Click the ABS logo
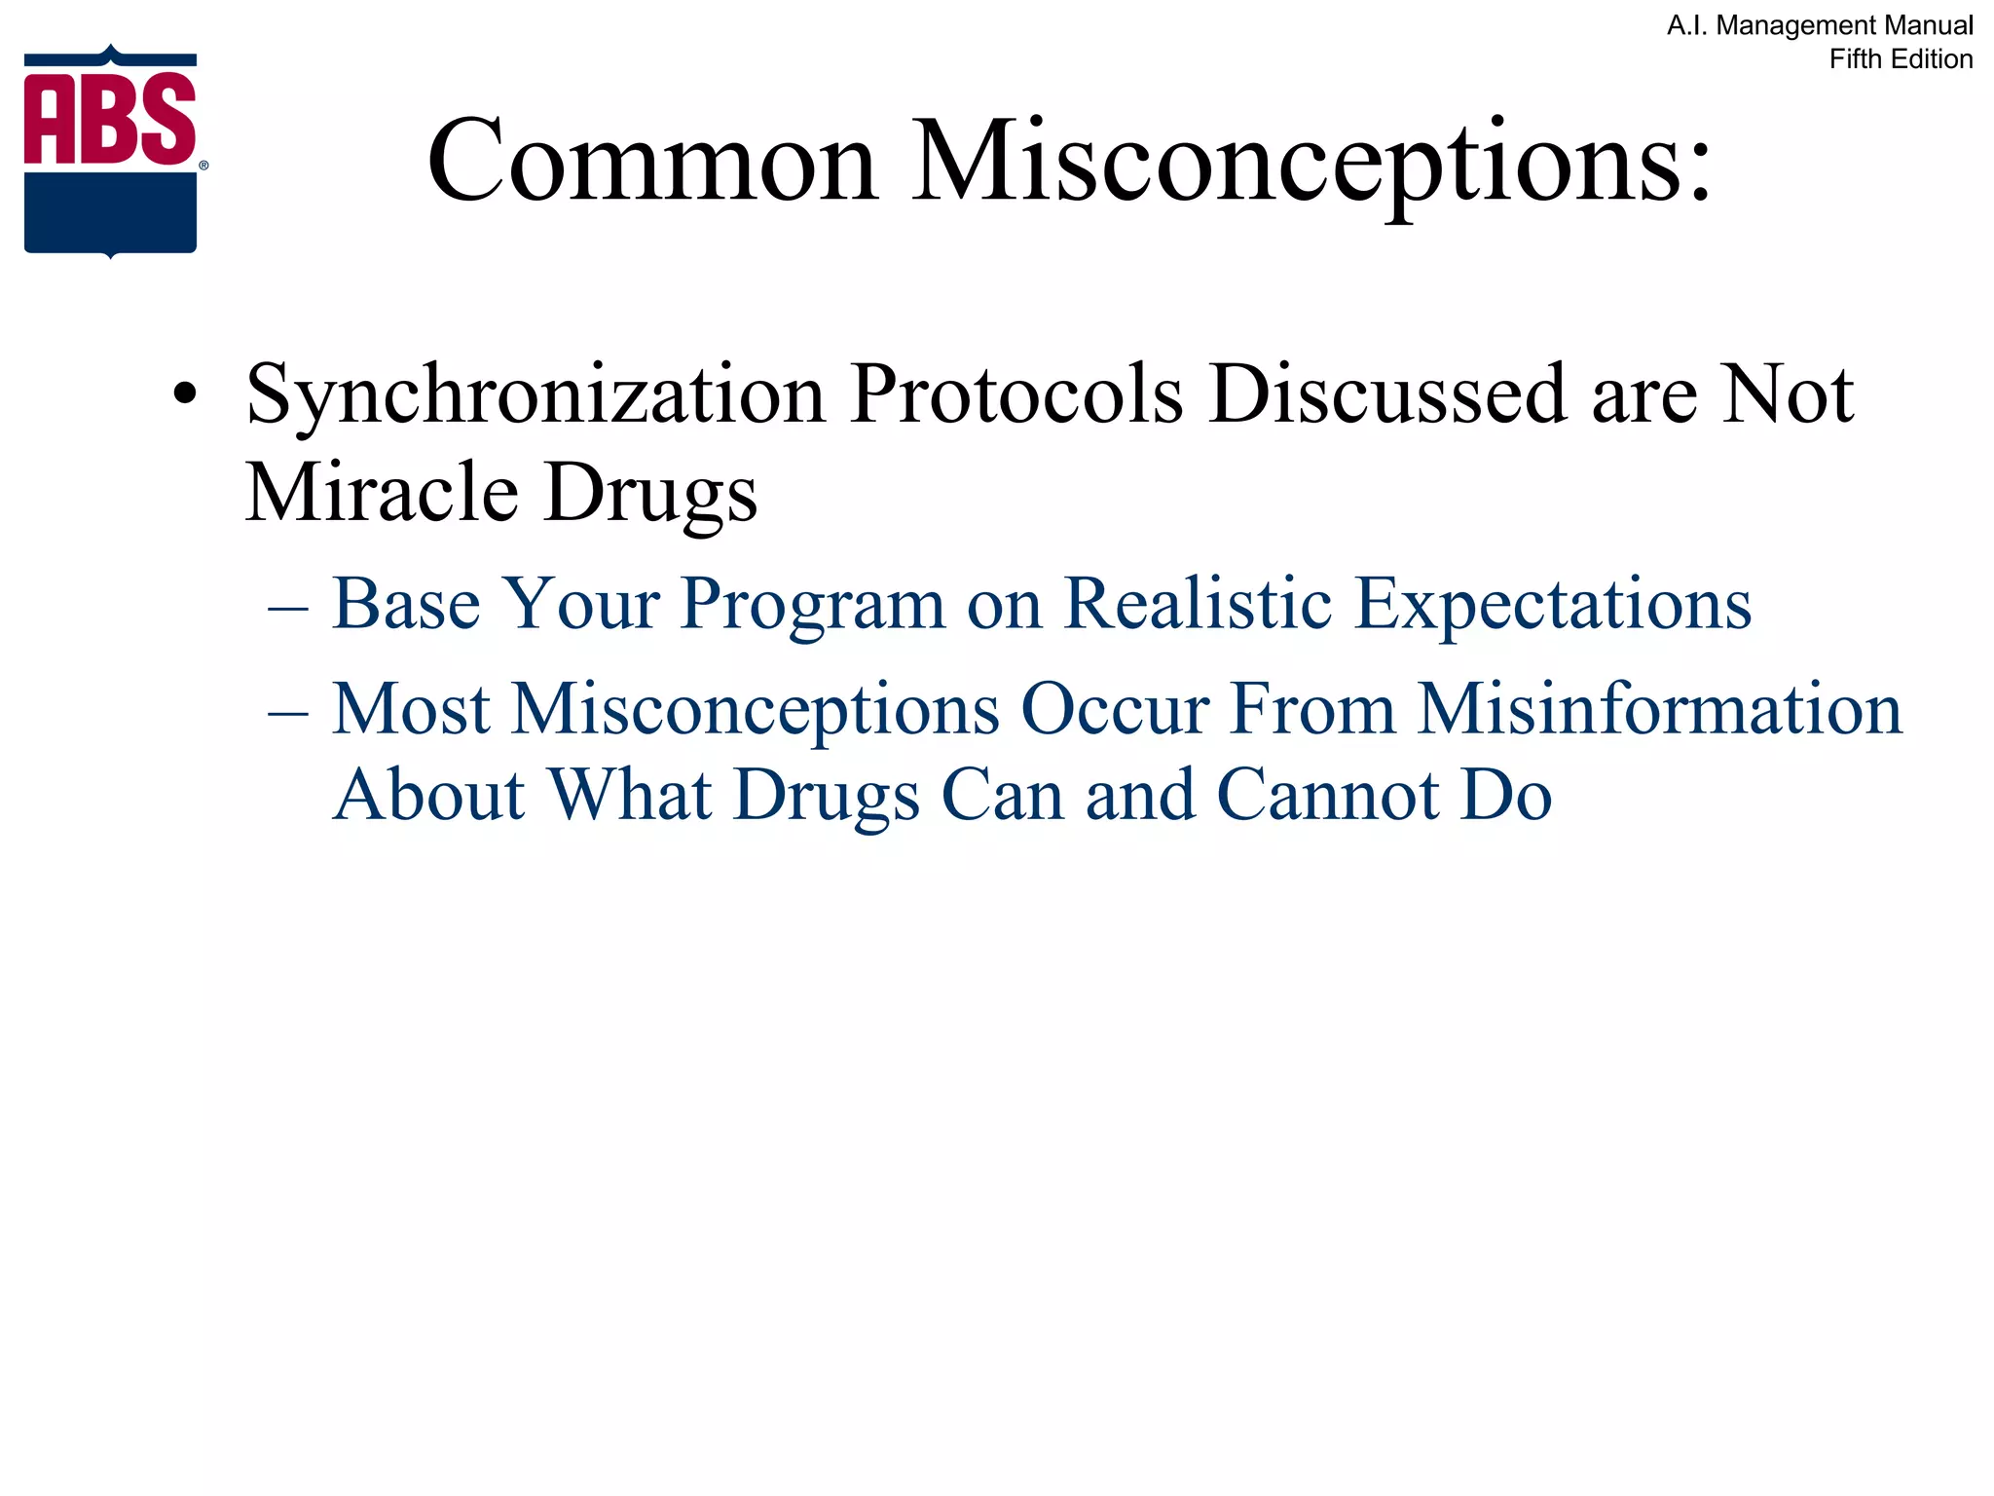[x=110, y=151]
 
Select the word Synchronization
[x=535, y=394]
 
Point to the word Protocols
[x=1015, y=394]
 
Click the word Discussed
[x=1387, y=394]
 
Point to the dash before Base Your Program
[x=288, y=608]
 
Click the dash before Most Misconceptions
[x=288, y=713]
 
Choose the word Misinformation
[x=1659, y=709]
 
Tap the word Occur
[x=1115, y=709]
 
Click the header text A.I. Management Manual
[x=1820, y=25]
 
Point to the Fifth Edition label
[x=1901, y=59]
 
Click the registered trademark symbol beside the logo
[x=203, y=166]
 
